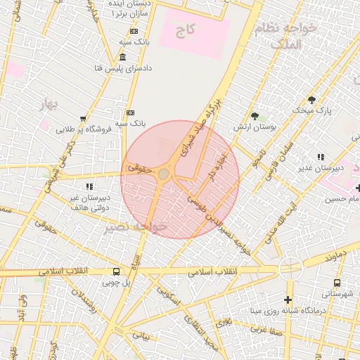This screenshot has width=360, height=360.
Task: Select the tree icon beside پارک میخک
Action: pos(311,99)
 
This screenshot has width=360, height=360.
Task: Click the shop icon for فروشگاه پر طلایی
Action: pos(84,119)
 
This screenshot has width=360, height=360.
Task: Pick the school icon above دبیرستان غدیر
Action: pos(321,157)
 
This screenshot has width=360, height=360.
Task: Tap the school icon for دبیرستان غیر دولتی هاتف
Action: pos(89,186)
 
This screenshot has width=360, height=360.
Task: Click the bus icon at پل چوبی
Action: pos(116,271)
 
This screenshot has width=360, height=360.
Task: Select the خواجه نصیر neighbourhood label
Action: pos(136,228)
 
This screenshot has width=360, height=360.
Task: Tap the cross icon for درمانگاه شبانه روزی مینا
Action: pos(288,300)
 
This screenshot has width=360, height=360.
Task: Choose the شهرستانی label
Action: pos(339,292)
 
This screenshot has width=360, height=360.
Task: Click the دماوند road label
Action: pos(336,257)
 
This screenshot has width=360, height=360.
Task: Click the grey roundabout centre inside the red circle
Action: pos(164,174)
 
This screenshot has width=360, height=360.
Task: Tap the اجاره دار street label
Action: pos(214,169)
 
